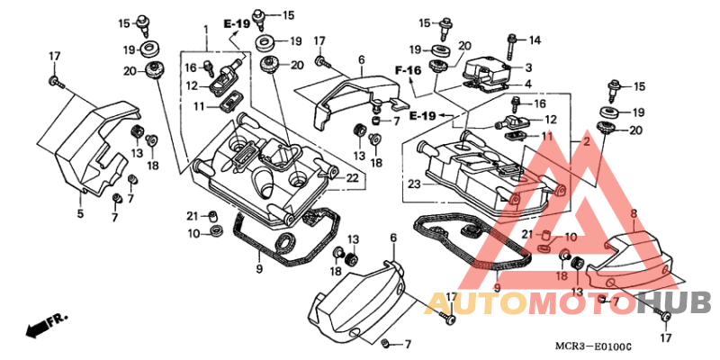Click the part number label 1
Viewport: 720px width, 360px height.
point(206,30)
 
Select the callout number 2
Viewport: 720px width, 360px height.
point(586,143)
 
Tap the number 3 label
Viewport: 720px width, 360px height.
point(528,68)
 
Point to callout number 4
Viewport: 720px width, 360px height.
point(528,84)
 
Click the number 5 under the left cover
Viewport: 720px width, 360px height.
point(80,213)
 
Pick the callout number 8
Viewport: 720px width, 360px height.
point(634,213)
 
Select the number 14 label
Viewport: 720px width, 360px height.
point(535,40)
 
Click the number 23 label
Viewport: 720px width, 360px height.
point(414,184)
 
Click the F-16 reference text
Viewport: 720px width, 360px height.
point(409,70)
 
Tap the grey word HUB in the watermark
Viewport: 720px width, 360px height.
point(678,303)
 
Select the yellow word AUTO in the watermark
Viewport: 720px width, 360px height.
point(476,303)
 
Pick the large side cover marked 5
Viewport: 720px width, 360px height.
point(91,149)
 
